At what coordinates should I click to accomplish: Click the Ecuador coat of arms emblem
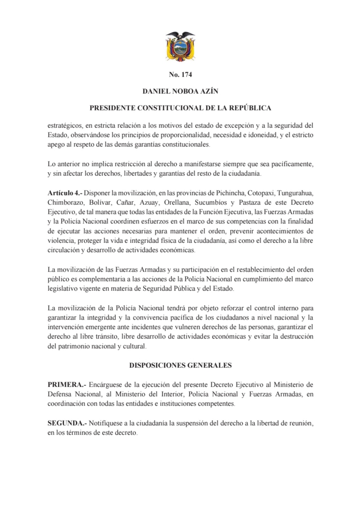point(180,46)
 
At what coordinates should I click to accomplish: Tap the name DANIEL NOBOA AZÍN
point(180,91)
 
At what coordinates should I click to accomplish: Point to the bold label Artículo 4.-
point(65,192)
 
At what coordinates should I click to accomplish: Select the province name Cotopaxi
point(260,192)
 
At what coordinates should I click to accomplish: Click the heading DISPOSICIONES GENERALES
point(180,365)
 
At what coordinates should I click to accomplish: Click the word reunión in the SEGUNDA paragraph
point(300,423)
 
